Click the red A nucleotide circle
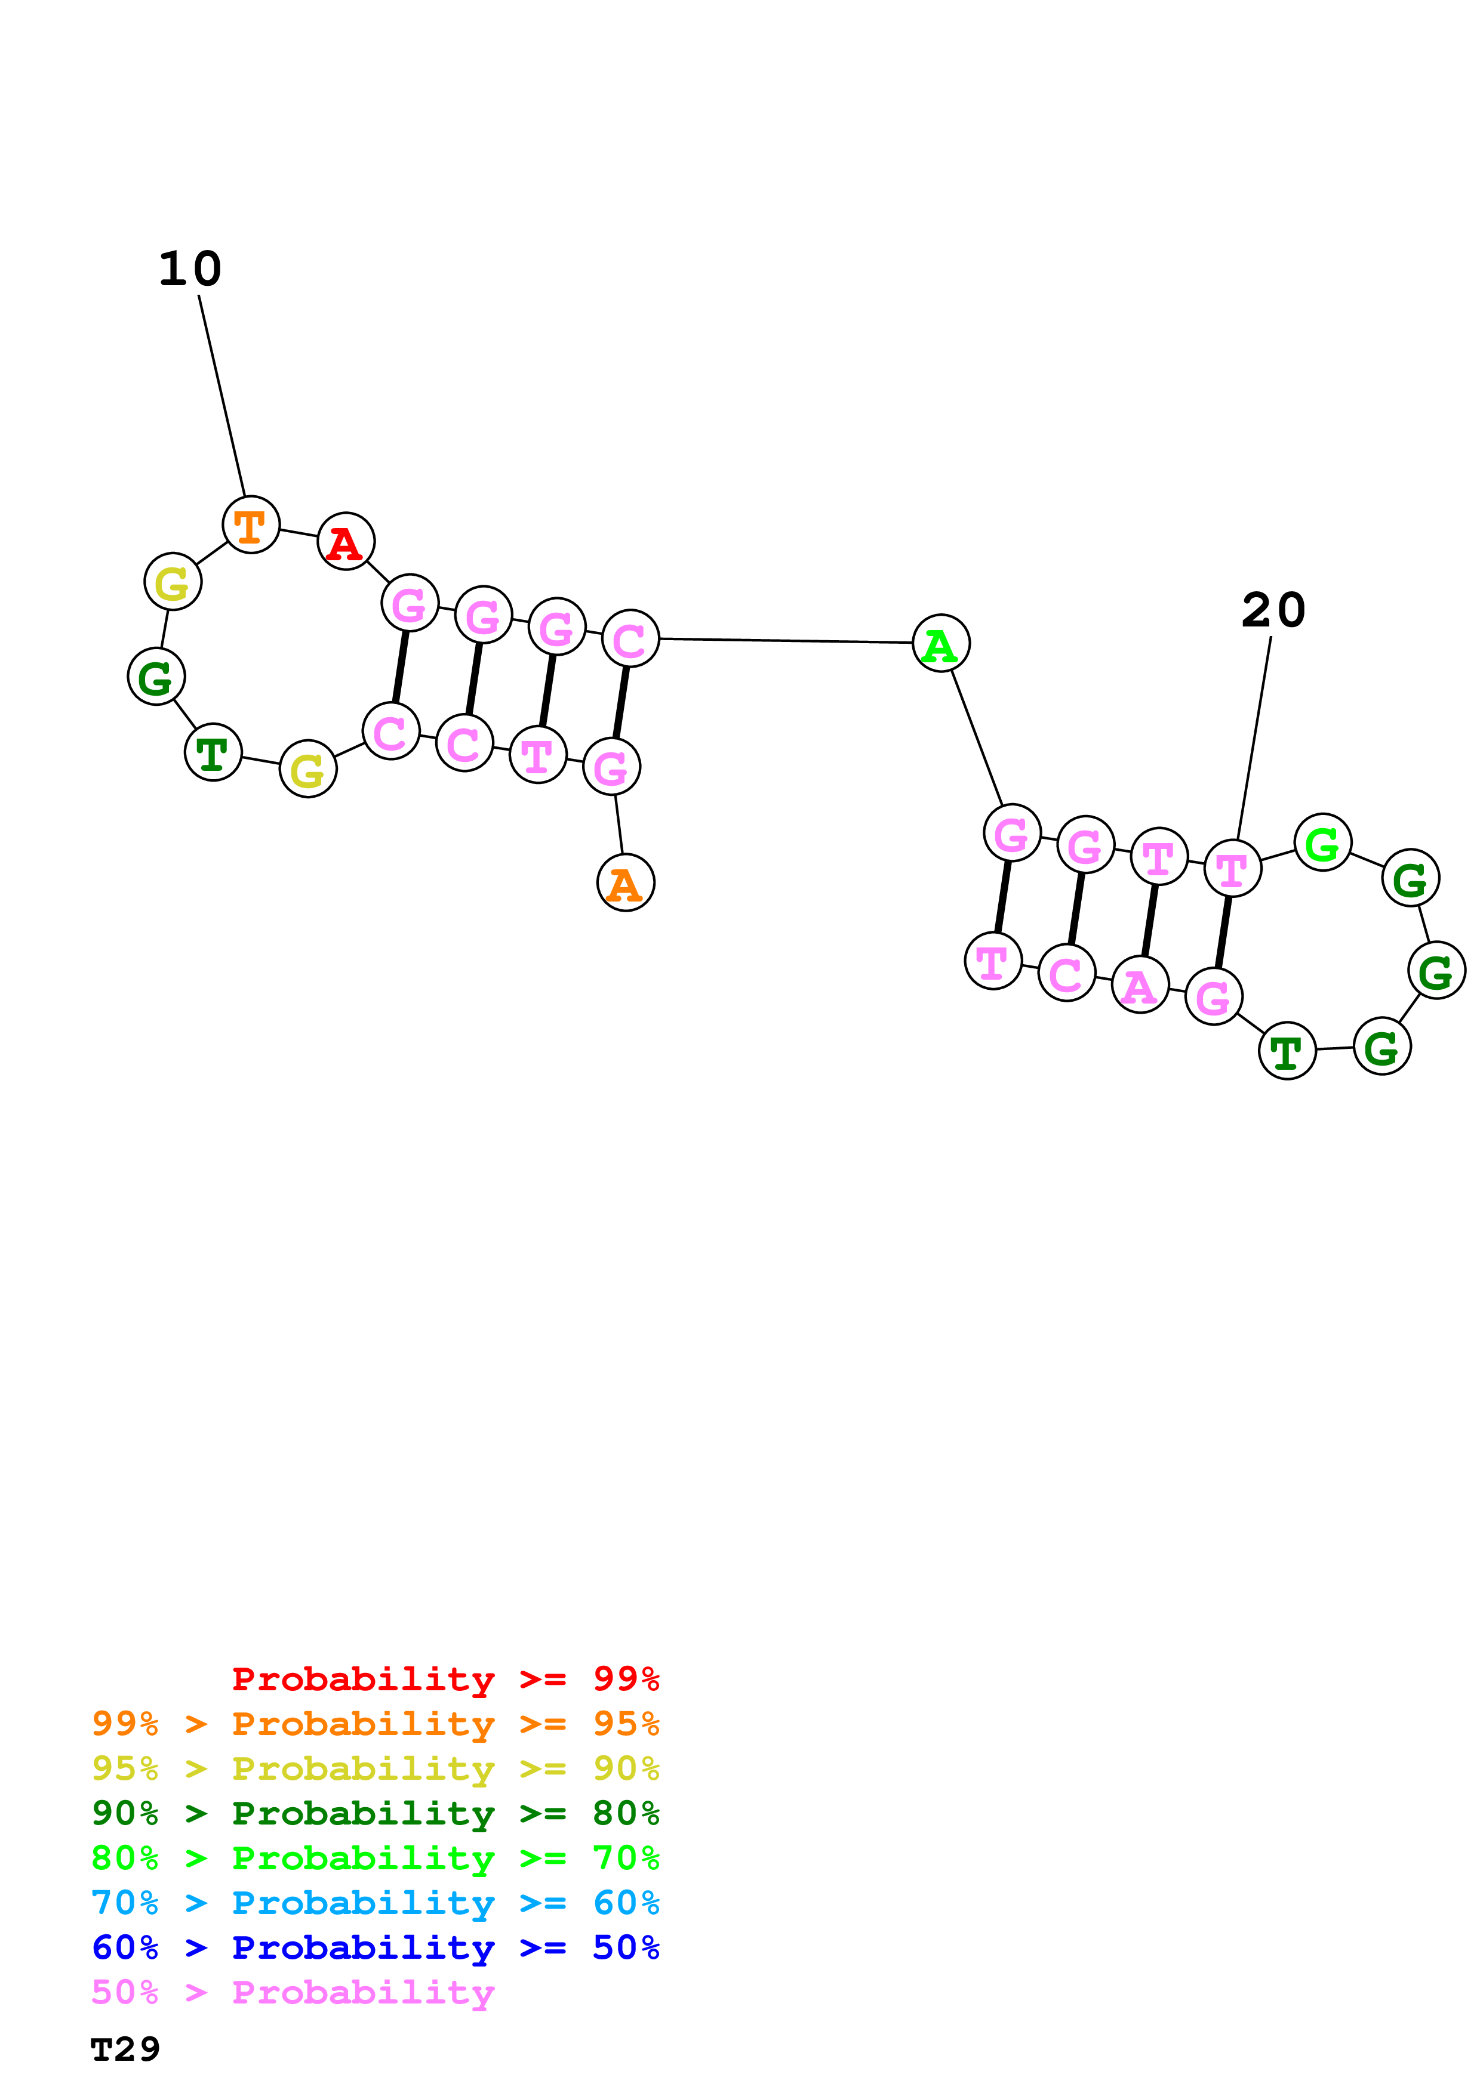[346, 542]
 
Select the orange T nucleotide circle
[251, 524]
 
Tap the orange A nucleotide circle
[626, 882]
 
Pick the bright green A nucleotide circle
[941, 644]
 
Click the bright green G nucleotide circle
[1322, 842]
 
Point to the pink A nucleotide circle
[1140, 984]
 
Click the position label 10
[190, 269]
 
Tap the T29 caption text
[126, 2049]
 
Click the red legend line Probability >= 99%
[445, 1679]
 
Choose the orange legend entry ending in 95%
[375, 1724]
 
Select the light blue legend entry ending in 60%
[375, 1903]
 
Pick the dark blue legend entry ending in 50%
[375, 1947]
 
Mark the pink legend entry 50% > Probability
[292, 1992]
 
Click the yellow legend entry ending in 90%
[375, 1768]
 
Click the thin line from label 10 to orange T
[221, 395]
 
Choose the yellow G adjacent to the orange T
[173, 582]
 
